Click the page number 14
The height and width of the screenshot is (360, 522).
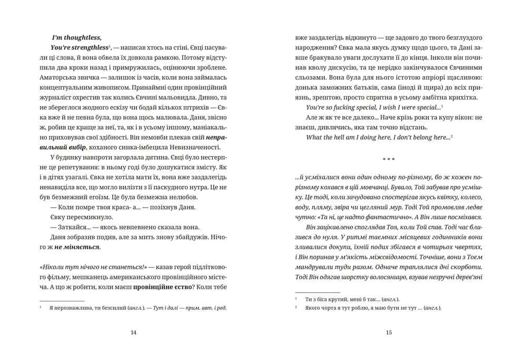(133, 333)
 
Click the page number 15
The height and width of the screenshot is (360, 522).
(389, 333)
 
